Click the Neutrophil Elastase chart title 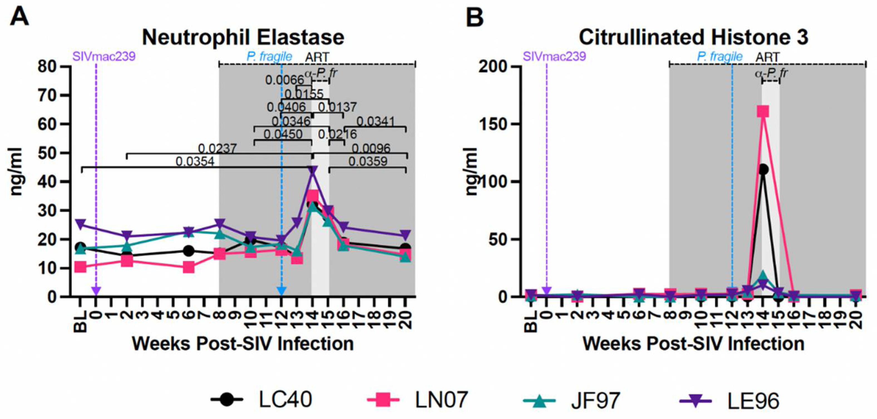[243, 38]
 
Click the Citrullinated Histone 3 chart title [693, 38]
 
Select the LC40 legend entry [262, 400]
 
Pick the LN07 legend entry [419, 400]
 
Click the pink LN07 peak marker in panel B [763, 111]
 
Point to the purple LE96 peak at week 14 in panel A [313, 170]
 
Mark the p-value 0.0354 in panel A [195, 161]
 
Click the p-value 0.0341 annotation [375, 121]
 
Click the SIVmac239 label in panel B [554, 56]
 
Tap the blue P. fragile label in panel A [269, 56]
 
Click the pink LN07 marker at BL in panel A [80, 267]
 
